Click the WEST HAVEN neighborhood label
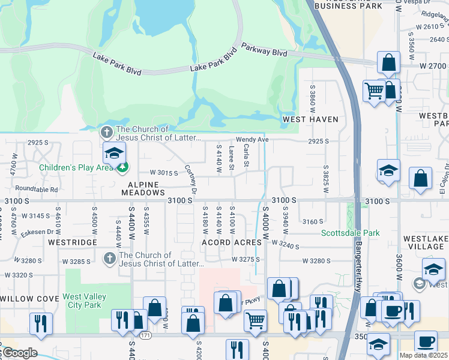[x=310, y=119]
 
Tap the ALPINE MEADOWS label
[x=143, y=188]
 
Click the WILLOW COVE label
[x=28, y=298]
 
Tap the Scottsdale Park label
[x=350, y=233]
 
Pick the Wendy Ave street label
[x=252, y=139]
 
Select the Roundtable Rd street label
[x=37, y=189]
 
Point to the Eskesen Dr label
[x=37, y=232]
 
